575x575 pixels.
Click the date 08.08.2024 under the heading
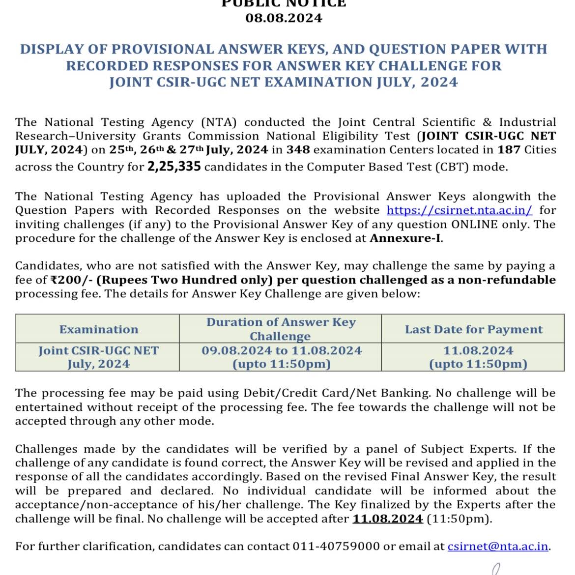(284, 19)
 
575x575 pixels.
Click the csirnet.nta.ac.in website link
(459, 210)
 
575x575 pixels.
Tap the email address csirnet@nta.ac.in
(498, 546)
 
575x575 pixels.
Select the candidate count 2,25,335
(174, 167)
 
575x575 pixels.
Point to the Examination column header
(99, 329)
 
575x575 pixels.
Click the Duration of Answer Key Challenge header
(281, 329)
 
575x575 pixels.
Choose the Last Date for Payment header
(474, 329)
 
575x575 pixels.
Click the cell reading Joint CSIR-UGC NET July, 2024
(99, 357)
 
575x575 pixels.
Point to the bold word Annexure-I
(405, 238)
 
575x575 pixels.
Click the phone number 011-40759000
(336, 546)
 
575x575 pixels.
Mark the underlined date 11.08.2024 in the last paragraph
(388, 519)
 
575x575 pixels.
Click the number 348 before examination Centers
(298, 150)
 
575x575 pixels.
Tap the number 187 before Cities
(509, 150)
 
